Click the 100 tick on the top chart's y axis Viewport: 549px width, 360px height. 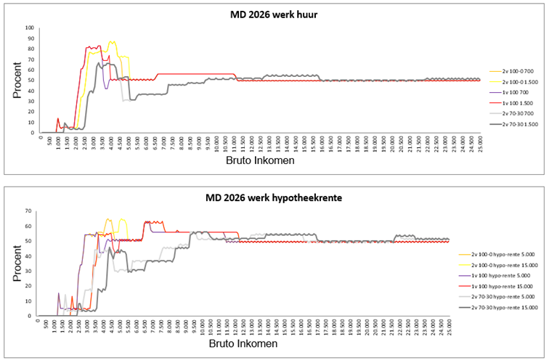pyautogui.click(x=29, y=28)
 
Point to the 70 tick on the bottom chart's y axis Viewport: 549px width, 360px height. pyautogui.click(x=30, y=211)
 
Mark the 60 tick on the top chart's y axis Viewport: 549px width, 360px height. pyautogui.click(x=30, y=70)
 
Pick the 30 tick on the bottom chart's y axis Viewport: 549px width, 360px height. pyautogui.click(x=30, y=271)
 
